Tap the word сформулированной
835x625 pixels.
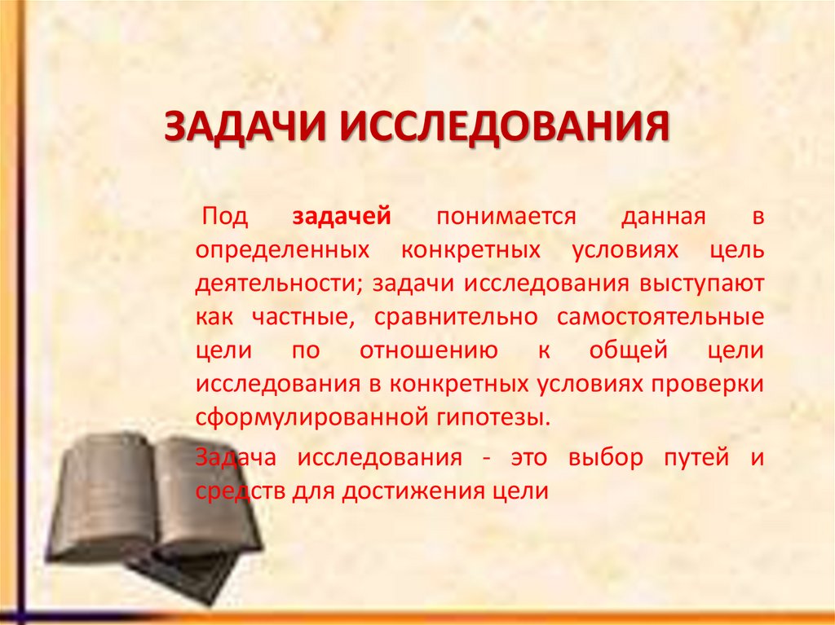pos(306,418)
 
